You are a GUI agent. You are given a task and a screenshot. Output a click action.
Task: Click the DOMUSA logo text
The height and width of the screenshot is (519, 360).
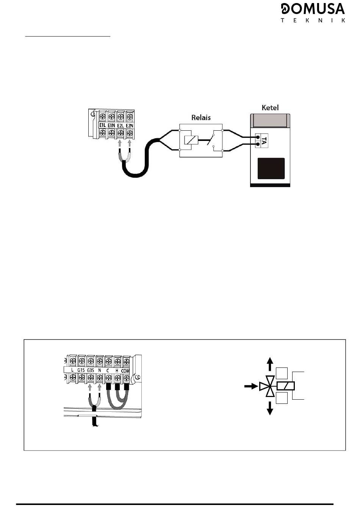[x=313, y=9]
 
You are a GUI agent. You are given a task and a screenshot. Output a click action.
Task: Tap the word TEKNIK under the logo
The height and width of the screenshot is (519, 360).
[x=313, y=20]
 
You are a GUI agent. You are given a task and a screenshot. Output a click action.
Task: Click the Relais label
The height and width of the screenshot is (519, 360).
[x=201, y=118]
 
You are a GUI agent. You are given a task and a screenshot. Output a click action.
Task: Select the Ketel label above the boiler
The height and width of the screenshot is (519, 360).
[x=270, y=108]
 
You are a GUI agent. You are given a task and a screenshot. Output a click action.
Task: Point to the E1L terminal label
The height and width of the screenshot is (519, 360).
[x=102, y=125]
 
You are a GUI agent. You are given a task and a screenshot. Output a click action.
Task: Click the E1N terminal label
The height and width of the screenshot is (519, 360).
[x=111, y=125]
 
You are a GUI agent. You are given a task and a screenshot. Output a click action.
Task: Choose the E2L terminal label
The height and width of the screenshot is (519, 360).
[x=120, y=125]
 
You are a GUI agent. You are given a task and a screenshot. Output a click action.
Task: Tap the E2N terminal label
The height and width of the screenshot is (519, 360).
[x=130, y=125]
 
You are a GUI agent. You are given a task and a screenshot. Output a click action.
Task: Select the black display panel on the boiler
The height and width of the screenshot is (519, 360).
[x=271, y=169]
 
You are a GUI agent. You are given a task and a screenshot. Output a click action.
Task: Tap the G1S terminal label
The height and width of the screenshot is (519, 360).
[x=81, y=370]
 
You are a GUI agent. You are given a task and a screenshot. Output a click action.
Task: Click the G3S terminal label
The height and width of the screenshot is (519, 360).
[x=91, y=370]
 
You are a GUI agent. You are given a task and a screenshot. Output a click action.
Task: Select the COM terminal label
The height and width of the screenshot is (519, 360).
[x=125, y=371]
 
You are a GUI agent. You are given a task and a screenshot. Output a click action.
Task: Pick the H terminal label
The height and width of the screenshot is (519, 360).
[x=117, y=370]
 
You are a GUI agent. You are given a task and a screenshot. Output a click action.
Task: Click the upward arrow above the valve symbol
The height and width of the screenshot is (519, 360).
[x=270, y=364]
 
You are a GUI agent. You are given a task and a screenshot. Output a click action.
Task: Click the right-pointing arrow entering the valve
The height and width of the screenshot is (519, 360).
[x=251, y=386]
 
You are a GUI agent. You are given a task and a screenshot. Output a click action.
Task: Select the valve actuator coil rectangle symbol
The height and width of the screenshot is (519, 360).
[x=286, y=386]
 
